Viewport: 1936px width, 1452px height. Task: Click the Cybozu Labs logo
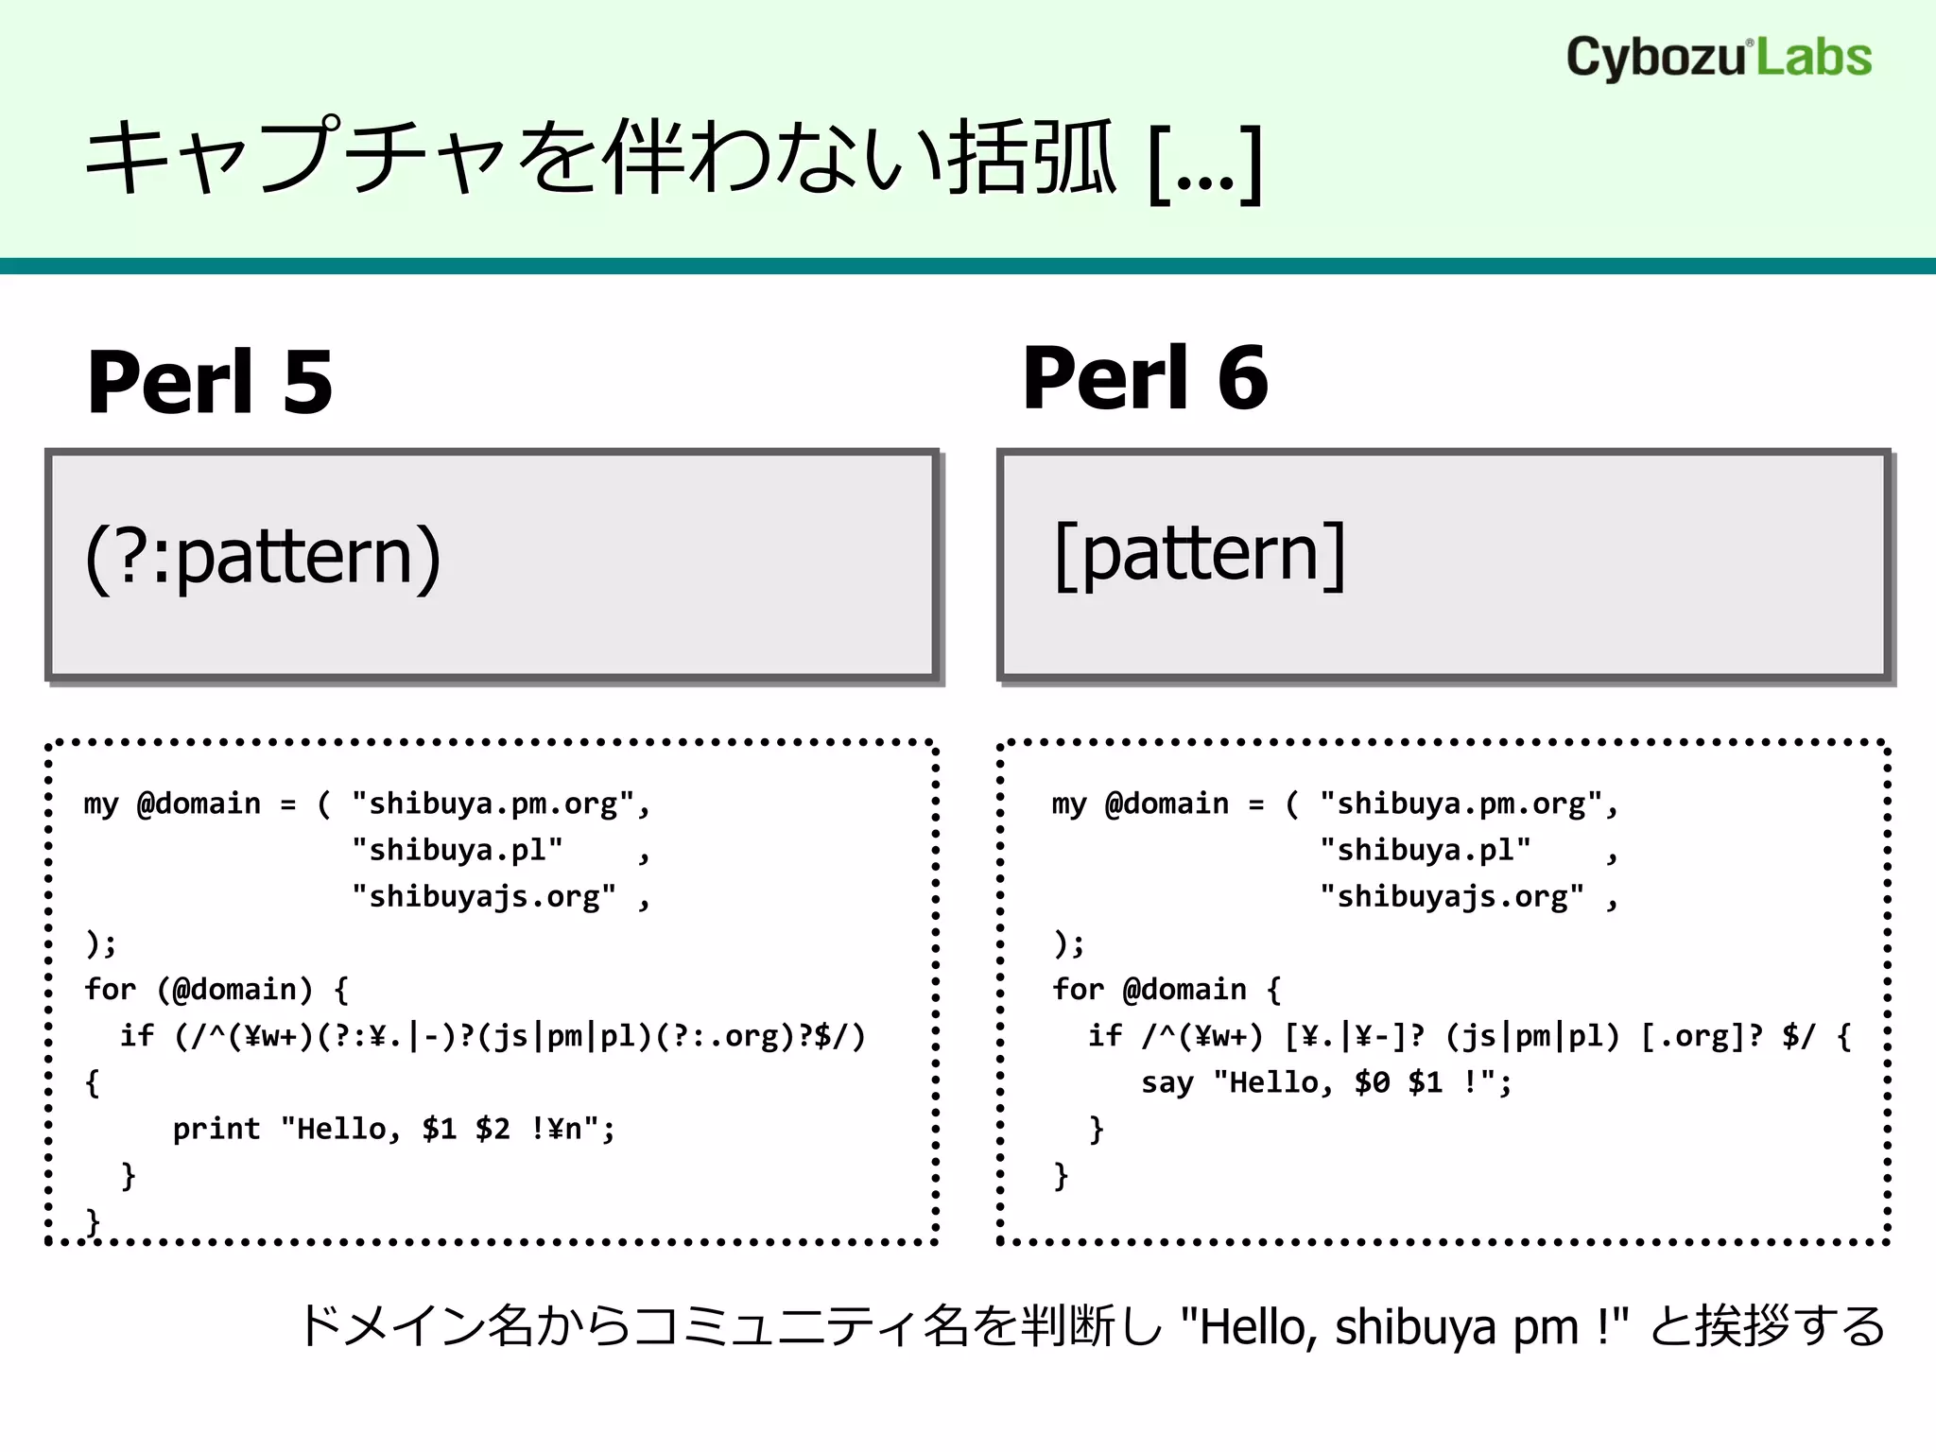(x=1718, y=58)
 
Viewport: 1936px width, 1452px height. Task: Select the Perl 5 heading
(x=210, y=382)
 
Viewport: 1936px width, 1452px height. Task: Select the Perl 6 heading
(x=1145, y=378)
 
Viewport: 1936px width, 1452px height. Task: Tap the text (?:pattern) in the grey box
(x=263, y=557)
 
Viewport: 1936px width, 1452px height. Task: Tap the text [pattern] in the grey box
(x=1200, y=555)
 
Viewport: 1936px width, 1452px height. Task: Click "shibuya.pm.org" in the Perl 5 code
(x=493, y=804)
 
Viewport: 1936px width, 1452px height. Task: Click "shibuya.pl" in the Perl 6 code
(x=1426, y=850)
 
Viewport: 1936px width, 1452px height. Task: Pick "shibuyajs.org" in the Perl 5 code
(x=483, y=896)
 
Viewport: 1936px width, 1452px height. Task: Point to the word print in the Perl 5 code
(x=216, y=1129)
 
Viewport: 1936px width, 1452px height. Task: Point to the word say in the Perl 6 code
(x=1167, y=1082)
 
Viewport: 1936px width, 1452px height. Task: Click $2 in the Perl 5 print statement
(x=493, y=1129)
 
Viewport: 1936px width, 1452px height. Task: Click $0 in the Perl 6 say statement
(x=1372, y=1082)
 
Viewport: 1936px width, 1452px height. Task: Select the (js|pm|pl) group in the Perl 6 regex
(x=1532, y=1036)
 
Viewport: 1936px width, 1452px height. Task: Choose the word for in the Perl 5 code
(x=110, y=990)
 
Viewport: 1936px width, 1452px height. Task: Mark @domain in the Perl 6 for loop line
(x=1184, y=990)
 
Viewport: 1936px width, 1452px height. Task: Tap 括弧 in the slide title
(x=1032, y=159)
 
